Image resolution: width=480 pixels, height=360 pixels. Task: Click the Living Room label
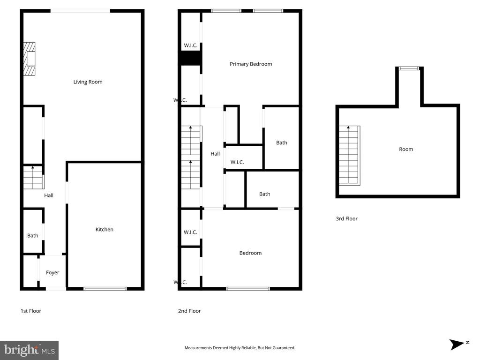coord(88,82)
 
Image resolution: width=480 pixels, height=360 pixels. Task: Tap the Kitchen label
coord(105,229)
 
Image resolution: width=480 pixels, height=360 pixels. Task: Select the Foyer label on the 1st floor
coord(52,272)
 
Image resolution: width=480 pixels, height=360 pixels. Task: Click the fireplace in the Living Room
coord(30,59)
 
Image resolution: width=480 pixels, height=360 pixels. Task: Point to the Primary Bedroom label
coord(251,64)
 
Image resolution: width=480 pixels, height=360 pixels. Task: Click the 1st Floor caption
coord(31,311)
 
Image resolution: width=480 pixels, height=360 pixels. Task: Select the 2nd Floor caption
coord(189,311)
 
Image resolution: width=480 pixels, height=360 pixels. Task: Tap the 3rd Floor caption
coord(346,218)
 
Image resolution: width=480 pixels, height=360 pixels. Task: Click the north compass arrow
coord(457,345)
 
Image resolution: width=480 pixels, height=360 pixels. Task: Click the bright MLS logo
coord(29,350)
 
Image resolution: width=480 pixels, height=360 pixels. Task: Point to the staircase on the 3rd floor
coord(349,156)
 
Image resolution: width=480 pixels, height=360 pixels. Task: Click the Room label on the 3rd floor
coord(406,149)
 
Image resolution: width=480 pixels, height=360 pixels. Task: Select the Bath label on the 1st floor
coord(33,235)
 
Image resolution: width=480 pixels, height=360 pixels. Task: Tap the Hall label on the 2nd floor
coord(215,154)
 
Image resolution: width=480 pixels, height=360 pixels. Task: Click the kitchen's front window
coord(105,289)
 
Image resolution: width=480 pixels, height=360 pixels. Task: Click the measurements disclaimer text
coord(240,348)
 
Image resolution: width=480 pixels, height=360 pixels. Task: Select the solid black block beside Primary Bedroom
coord(190,58)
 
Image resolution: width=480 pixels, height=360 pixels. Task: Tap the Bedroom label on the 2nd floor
coord(250,253)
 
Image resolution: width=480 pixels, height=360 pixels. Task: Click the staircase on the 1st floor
coord(33,177)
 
